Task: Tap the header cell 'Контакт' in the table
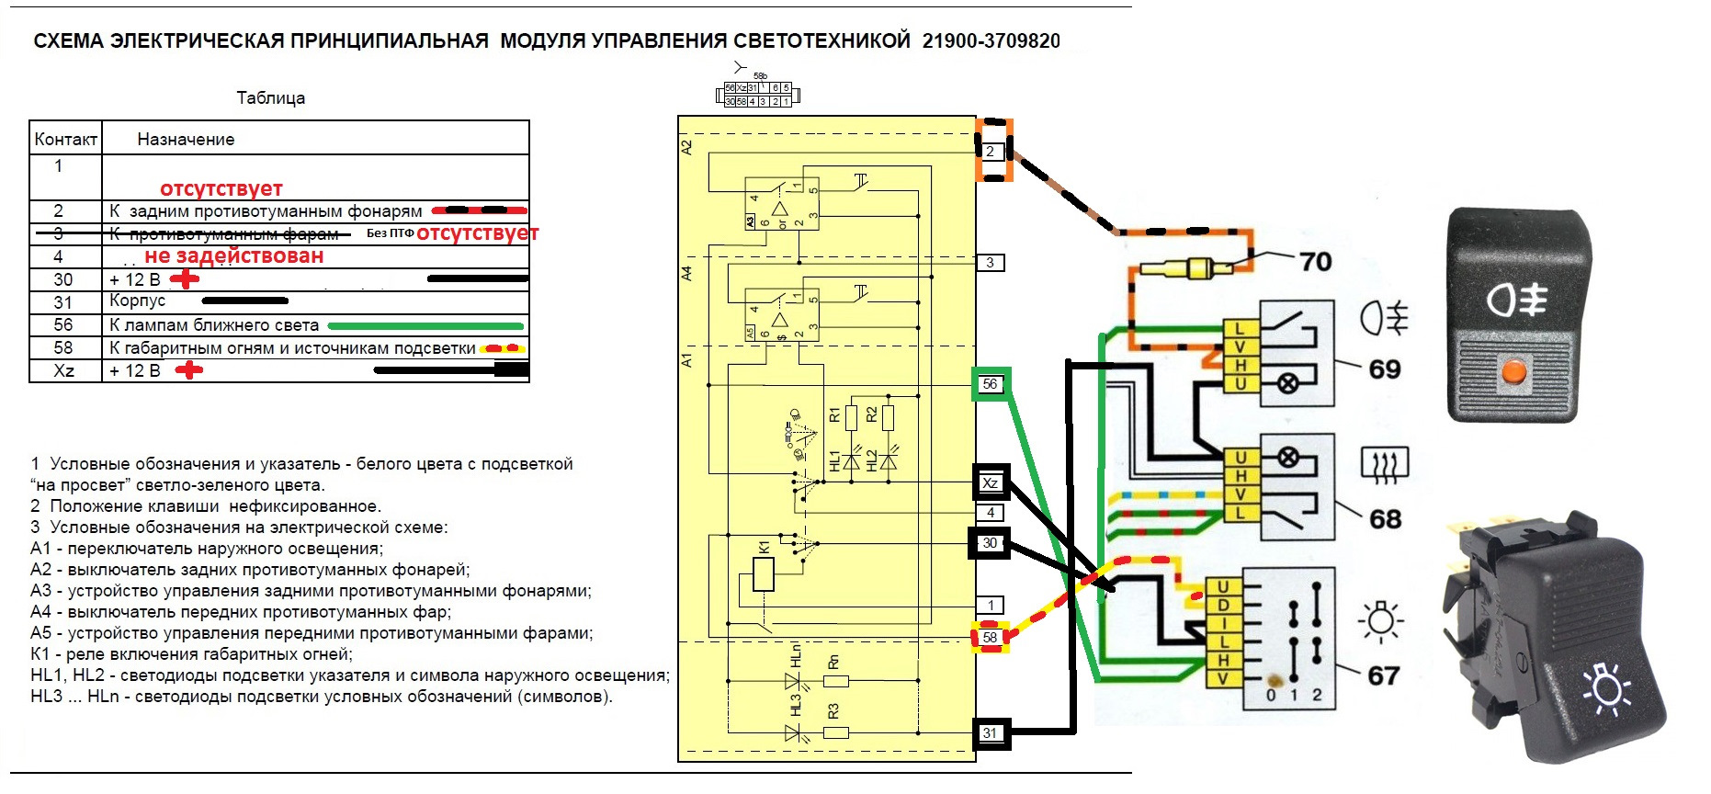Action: [x=65, y=140]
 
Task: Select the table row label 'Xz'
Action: [x=64, y=370]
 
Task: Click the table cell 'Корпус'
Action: [x=137, y=301]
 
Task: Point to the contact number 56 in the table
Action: [x=63, y=324]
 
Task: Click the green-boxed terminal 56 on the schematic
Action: [x=990, y=384]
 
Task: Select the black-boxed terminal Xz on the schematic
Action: [x=991, y=482]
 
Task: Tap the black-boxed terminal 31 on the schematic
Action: [x=990, y=732]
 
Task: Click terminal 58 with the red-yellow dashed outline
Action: [x=990, y=637]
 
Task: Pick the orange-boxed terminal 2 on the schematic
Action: [x=991, y=151]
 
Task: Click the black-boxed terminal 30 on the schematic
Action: [x=990, y=543]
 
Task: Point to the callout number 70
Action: [x=1316, y=262]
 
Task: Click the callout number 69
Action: [x=1384, y=369]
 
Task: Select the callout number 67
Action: [x=1383, y=676]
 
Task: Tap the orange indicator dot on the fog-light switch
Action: [x=1513, y=372]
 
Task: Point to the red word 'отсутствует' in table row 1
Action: [x=221, y=188]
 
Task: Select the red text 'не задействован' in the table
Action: [x=233, y=256]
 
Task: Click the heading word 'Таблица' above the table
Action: [x=270, y=98]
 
